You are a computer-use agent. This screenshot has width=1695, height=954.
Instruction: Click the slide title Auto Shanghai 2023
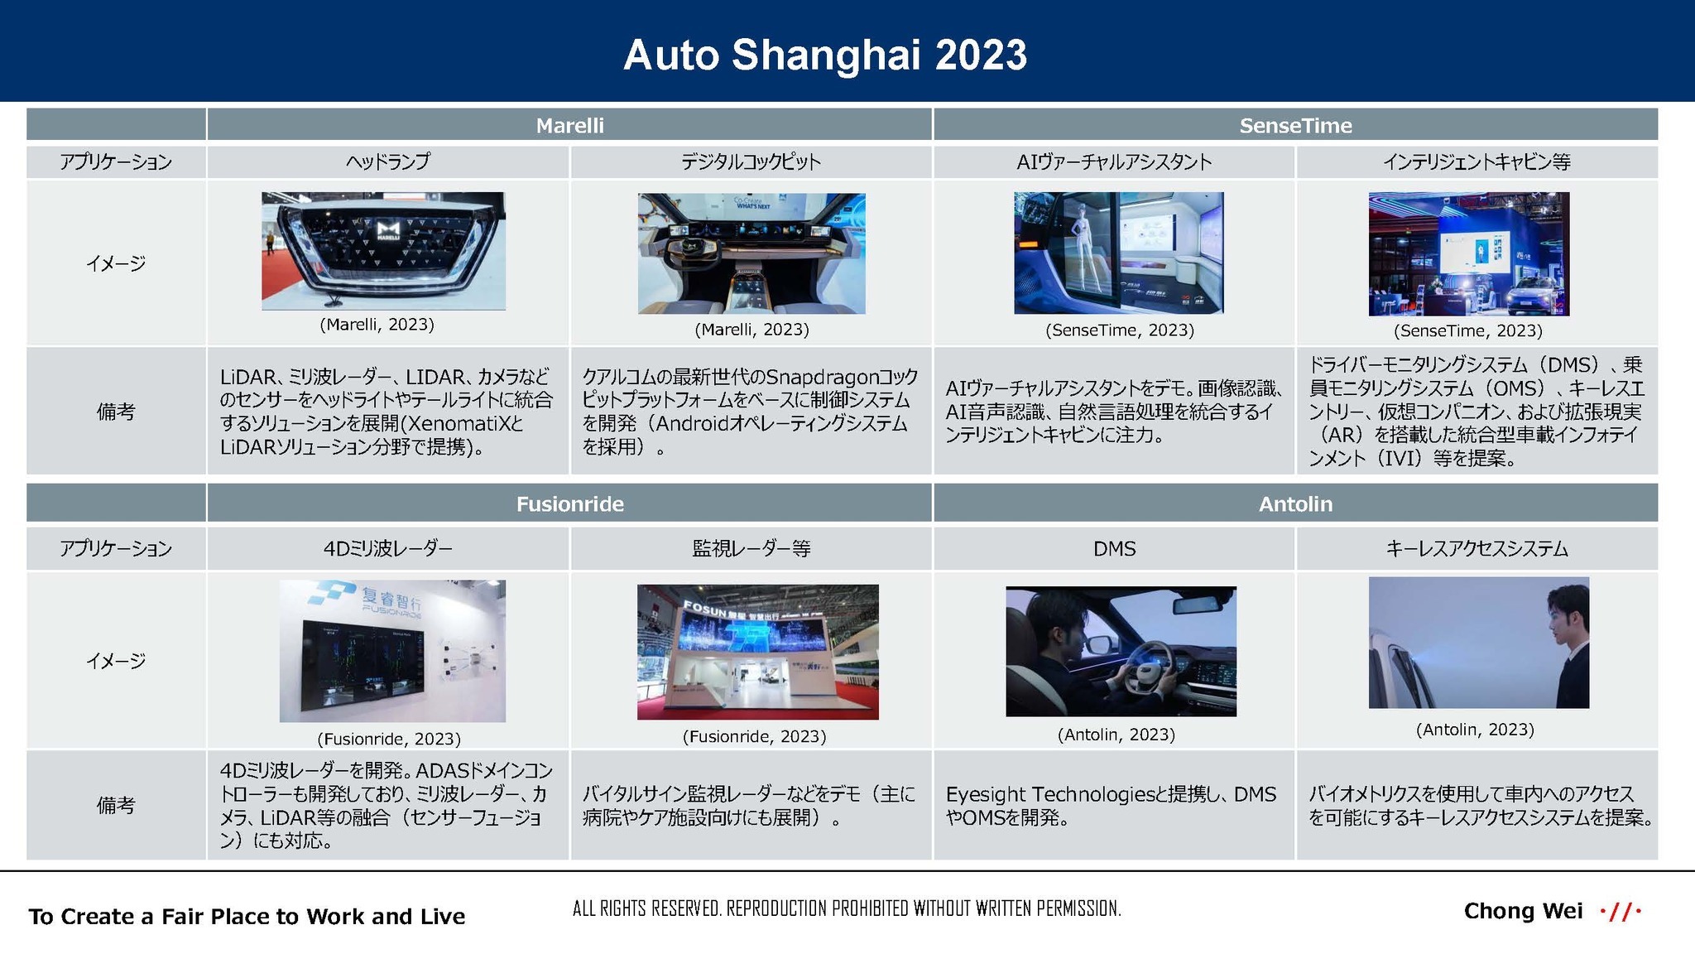tap(825, 55)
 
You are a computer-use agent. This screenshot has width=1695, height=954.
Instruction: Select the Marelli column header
tap(569, 125)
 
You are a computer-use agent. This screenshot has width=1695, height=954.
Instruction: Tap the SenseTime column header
tap(1295, 125)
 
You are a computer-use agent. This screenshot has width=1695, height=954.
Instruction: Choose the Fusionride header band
tap(569, 503)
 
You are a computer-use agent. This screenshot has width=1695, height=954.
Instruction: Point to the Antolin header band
tap(1295, 503)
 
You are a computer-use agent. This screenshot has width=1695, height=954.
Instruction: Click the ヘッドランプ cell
tap(388, 161)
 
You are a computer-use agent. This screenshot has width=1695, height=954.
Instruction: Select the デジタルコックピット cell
tap(751, 161)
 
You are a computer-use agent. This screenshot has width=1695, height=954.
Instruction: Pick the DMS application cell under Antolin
tap(1114, 548)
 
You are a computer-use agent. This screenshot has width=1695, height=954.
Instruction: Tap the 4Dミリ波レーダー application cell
tap(388, 548)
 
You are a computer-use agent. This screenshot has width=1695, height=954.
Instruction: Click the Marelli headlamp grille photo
tap(383, 251)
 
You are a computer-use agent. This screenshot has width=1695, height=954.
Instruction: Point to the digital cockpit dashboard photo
tap(751, 253)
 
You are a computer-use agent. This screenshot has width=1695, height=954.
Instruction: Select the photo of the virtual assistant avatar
tap(1119, 253)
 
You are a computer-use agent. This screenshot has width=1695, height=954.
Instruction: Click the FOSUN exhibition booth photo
tap(758, 652)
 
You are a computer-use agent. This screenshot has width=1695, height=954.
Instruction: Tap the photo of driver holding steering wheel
tap(1121, 652)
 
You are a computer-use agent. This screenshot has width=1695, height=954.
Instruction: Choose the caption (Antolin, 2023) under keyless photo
tap(1475, 730)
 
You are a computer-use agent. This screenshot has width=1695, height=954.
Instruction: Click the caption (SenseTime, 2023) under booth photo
tap(1468, 330)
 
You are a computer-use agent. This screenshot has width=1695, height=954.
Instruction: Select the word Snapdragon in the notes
tap(822, 377)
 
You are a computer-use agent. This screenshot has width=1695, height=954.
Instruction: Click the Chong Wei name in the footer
tap(1523, 911)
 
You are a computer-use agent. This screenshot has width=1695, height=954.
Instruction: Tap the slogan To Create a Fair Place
tap(247, 916)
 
